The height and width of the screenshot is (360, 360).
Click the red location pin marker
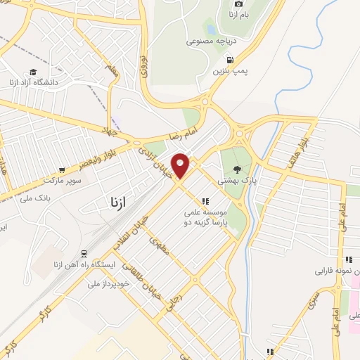click(181, 165)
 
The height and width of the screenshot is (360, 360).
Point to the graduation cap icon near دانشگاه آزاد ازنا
click(33, 72)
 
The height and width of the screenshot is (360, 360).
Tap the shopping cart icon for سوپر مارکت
click(63, 169)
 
